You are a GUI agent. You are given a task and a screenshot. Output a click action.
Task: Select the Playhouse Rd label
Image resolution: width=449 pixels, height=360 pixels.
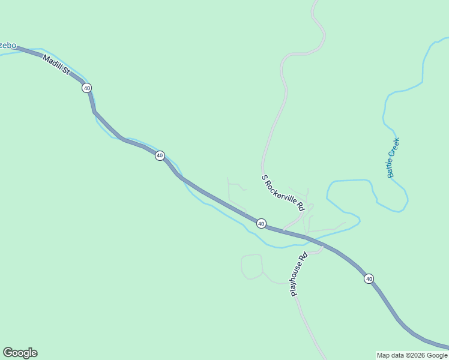click(x=299, y=274)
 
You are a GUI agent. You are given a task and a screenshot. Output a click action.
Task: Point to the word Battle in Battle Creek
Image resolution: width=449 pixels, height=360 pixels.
click(x=391, y=166)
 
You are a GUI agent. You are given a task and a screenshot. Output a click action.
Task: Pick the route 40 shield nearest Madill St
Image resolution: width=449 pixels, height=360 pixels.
click(x=87, y=88)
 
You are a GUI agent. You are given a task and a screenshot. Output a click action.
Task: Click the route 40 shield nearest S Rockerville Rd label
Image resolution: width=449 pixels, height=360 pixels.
click(x=261, y=223)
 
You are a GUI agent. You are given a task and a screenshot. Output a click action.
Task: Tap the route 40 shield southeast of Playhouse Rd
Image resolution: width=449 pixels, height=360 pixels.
click(x=369, y=278)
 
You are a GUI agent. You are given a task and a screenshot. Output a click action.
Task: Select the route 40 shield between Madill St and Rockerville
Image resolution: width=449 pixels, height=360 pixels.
click(x=160, y=155)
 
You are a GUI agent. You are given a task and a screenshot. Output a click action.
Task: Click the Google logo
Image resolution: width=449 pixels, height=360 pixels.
click(x=20, y=353)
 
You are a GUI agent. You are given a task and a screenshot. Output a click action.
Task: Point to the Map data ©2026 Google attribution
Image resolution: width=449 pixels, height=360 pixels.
click(x=412, y=355)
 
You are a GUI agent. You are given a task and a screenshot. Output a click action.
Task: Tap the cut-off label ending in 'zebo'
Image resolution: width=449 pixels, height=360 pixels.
click(x=8, y=46)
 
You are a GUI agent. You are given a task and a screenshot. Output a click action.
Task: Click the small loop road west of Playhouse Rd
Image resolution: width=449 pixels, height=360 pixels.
click(x=252, y=267)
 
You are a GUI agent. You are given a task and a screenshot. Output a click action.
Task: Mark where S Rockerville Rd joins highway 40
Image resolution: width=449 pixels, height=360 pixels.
click(x=283, y=230)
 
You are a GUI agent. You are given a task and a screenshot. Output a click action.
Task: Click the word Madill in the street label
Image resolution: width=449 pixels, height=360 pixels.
click(x=52, y=62)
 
